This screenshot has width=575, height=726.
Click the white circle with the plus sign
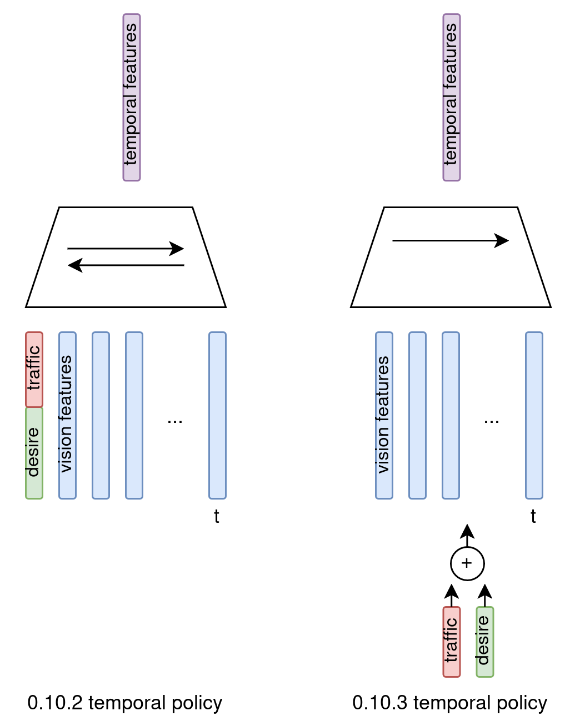click(467, 563)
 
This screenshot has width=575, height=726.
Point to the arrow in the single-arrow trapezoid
click(450, 240)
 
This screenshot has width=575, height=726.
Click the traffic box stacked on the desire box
click(34, 369)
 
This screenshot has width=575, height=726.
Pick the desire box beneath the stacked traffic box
click(34, 453)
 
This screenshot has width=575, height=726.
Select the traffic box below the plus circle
click(451, 642)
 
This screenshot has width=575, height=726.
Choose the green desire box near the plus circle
click(484, 642)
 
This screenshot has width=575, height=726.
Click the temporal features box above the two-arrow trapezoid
click(132, 98)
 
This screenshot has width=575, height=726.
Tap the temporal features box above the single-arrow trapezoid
click(451, 98)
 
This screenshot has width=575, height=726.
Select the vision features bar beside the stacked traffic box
click(67, 415)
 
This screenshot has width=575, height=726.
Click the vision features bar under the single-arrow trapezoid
click(384, 415)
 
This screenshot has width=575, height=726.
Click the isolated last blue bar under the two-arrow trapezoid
click(217, 415)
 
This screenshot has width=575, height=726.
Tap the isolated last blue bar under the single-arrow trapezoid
click(534, 415)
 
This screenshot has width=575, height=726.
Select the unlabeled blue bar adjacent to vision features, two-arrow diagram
click(101, 415)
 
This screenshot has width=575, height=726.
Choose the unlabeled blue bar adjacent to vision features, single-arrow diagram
click(417, 415)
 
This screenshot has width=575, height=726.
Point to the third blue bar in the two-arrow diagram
click(134, 415)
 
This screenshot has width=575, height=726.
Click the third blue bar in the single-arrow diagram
click(451, 415)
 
